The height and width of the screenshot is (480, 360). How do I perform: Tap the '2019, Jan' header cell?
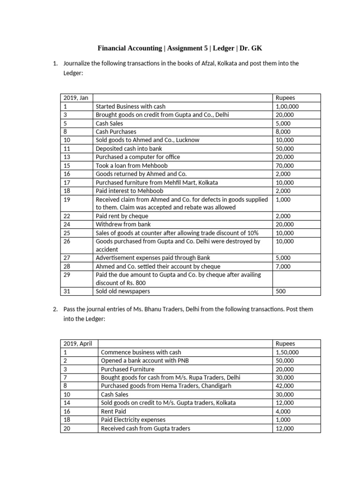pos(75,98)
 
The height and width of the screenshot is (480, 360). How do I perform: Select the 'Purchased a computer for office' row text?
pos(138,157)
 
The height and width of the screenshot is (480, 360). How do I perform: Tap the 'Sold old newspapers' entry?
pos(123,291)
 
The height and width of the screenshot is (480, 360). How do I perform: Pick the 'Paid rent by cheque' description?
pos(122,216)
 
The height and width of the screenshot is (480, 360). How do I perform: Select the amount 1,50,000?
pos(287,352)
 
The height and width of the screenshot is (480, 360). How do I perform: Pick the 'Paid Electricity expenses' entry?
pos(133,420)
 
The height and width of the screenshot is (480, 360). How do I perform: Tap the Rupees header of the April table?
pos(286,344)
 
